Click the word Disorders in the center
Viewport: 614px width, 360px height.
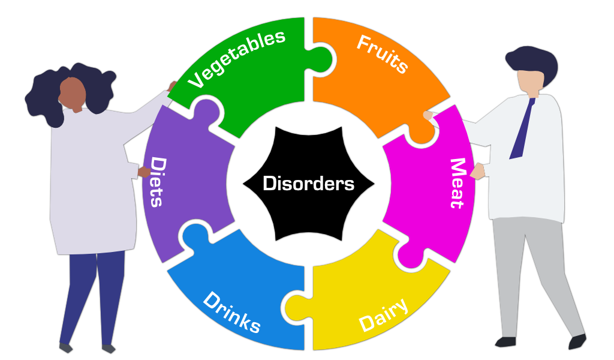click(x=308, y=183)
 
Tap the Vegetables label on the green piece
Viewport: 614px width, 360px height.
click(x=237, y=58)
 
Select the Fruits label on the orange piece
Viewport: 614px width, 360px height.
click(x=383, y=54)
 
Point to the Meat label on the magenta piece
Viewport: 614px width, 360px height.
click(x=458, y=183)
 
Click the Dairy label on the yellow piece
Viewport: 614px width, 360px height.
click(x=384, y=314)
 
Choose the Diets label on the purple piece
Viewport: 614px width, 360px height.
click(x=157, y=181)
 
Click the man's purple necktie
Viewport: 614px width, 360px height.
click(x=522, y=128)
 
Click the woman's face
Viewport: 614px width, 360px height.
click(x=73, y=93)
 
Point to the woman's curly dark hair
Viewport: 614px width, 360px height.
click(x=42, y=96)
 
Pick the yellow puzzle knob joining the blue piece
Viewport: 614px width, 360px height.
click(x=294, y=306)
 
